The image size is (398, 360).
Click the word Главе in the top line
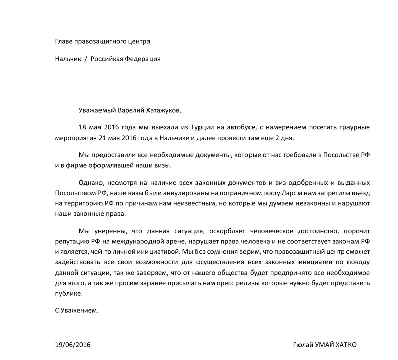click(64, 41)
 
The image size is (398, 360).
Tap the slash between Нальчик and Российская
click(86, 59)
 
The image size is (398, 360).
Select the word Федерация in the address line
click(144, 59)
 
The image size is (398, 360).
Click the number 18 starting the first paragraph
click(83, 127)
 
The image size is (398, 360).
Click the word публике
click(68, 293)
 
